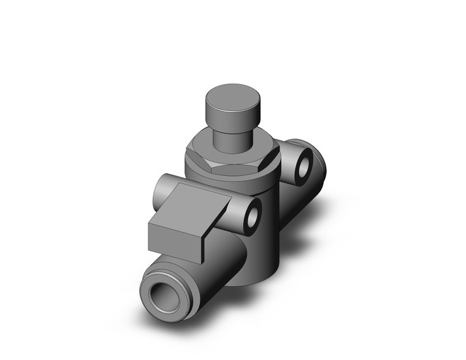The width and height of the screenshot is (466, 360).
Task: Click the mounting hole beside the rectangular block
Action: tap(252, 215)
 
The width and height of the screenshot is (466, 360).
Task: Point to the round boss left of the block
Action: tap(163, 189)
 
